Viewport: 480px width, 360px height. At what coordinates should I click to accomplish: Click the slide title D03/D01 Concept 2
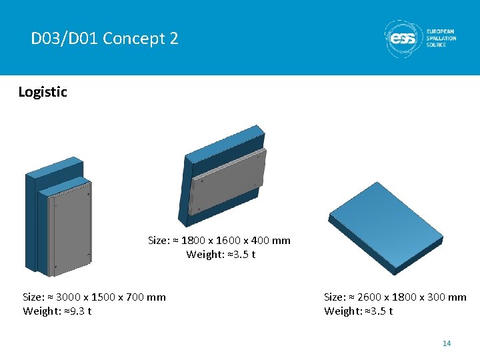[105, 39]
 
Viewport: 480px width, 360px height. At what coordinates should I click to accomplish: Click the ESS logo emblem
[402, 39]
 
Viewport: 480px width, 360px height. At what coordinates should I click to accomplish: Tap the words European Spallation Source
[441, 38]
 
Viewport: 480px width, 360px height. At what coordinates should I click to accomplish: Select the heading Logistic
[43, 92]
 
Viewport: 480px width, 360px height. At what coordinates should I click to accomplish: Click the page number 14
[447, 343]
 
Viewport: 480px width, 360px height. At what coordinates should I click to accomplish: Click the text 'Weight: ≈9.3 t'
[57, 311]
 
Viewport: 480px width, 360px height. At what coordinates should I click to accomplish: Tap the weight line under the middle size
[221, 255]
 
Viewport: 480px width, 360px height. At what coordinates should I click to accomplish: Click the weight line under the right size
[359, 311]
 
